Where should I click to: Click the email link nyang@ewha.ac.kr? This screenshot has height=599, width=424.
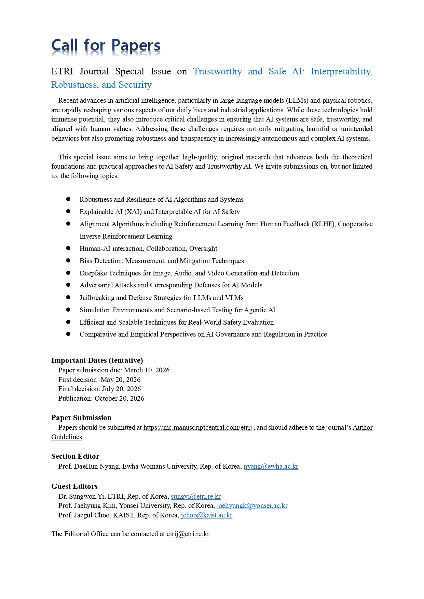[x=271, y=466]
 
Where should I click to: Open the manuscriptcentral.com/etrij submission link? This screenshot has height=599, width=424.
[x=197, y=427]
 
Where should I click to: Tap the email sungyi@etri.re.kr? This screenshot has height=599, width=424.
[x=196, y=496]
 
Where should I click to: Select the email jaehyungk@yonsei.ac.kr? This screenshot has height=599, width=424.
[x=252, y=505]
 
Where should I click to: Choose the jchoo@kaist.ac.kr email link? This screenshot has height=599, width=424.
[x=206, y=515]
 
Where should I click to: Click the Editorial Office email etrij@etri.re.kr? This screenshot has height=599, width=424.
[x=188, y=534]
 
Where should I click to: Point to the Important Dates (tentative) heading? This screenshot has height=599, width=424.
[x=97, y=360]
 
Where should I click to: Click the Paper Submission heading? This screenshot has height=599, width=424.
[x=81, y=418]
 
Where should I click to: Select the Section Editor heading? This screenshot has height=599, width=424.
[x=75, y=456]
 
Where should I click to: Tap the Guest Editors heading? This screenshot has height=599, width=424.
[x=74, y=486]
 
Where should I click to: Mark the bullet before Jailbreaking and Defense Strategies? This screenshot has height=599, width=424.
[x=68, y=297]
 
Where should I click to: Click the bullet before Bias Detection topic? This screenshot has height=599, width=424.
[x=68, y=260]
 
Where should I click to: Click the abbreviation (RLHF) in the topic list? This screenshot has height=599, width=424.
[x=324, y=224]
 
